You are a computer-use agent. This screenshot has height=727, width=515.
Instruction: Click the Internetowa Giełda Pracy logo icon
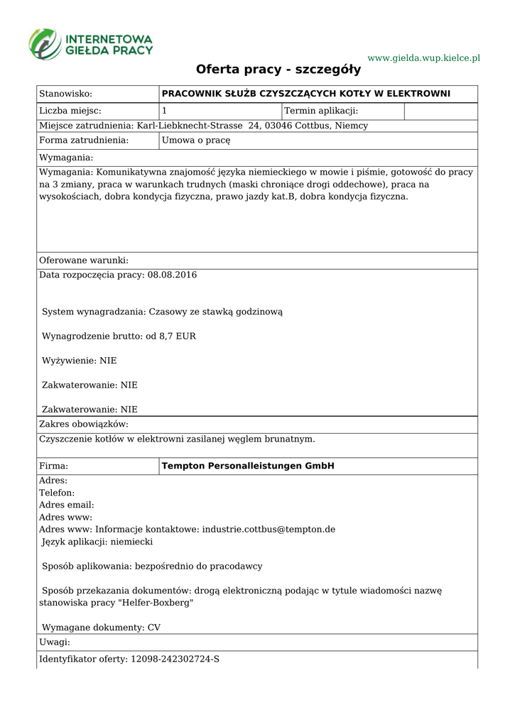(45, 43)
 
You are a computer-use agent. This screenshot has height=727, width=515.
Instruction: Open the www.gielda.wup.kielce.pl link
(423, 58)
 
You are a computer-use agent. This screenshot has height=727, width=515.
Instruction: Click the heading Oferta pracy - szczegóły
(278, 70)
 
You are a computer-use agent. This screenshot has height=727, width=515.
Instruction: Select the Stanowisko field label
(66, 94)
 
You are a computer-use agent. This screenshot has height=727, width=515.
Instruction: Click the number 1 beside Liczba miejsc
(165, 111)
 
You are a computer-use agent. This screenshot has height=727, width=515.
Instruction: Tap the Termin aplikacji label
(321, 111)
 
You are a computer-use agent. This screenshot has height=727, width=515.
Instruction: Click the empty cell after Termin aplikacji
(440, 111)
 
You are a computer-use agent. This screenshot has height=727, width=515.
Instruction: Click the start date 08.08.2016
(172, 275)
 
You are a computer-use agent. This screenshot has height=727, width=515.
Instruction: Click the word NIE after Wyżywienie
(108, 361)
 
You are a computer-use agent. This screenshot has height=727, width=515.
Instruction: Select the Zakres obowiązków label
(84, 424)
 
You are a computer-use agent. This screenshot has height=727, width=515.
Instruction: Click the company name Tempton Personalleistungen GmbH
(248, 466)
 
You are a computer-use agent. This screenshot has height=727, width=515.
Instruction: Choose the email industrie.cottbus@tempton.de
(269, 530)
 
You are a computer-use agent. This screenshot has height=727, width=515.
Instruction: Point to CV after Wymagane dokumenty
(153, 628)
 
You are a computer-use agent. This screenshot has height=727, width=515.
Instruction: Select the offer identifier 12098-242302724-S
(175, 660)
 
